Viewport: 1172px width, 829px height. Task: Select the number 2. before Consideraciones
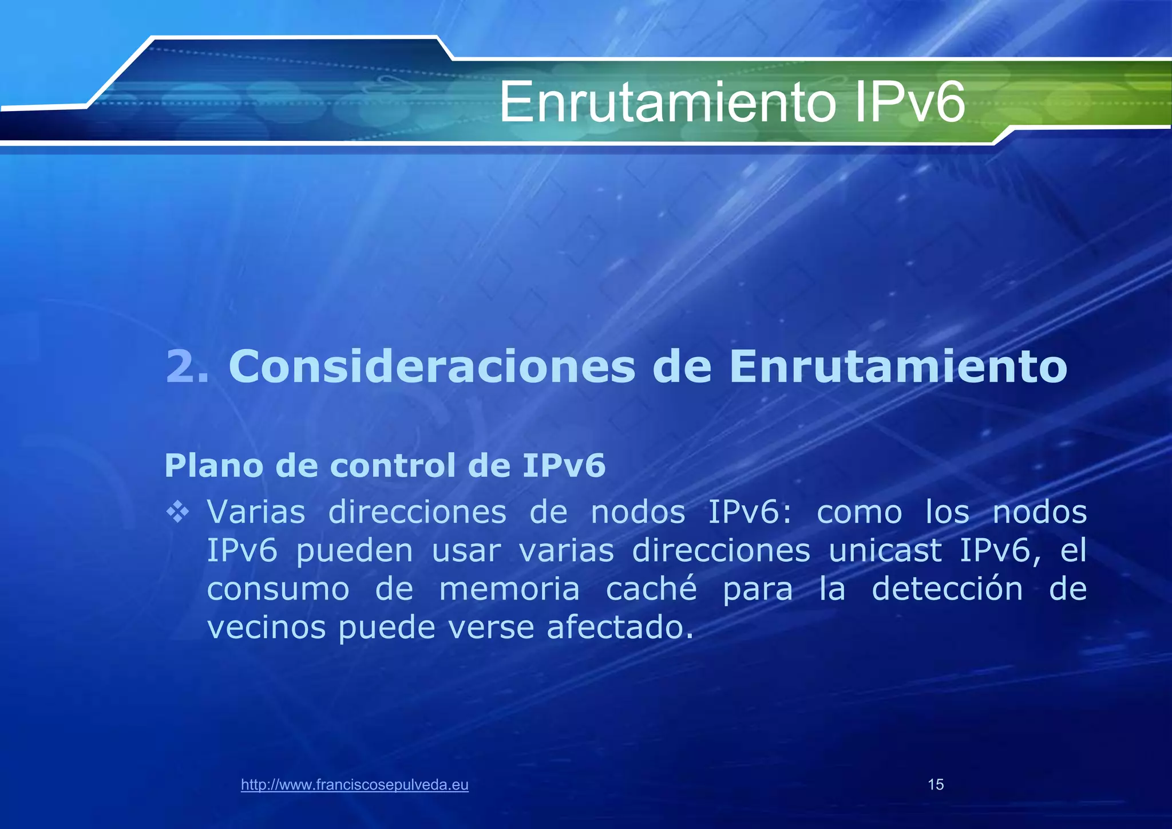pyautogui.click(x=187, y=366)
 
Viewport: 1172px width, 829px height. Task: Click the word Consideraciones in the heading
pyautogui.click(x=431, y=366)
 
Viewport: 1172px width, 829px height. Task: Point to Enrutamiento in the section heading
pyautogui.click(x=898, y=366)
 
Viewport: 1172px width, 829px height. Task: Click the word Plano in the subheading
pyautogui.click(x=215, y=465)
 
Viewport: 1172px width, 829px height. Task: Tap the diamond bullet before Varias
pyautogui.click(x=178, y=512)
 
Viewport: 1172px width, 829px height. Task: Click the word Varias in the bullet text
pyautogui.click(x=256, y=512)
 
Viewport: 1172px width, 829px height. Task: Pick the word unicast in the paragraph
pyautogui.click(x=885, y=551)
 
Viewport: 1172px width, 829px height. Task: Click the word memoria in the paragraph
pyautogui.click(x=509, y=589)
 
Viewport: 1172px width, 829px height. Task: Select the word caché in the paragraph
pyautogui.click(x=651, y=589)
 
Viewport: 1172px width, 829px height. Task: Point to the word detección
pyautogui.click(x=947, y=589)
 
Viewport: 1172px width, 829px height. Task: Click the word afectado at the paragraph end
pyautogui.click(x=620, y=627)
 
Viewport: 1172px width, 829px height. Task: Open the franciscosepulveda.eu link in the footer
pyautogui.click(x=355, y=785)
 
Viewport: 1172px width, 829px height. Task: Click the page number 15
pyautogui.click(x=936, y=785)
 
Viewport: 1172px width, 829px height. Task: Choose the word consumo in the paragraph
pyautogui.click(x=278, y=590)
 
